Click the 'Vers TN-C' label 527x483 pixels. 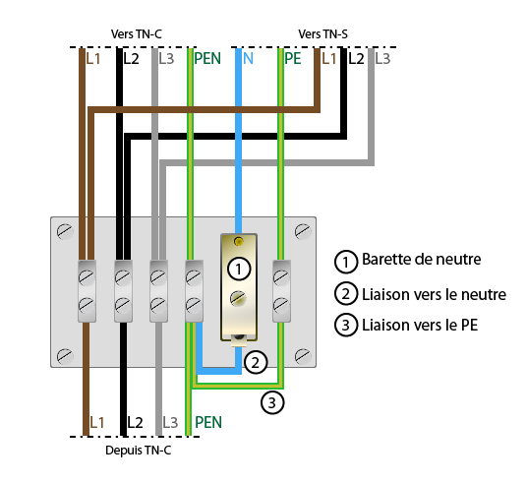click(136, 34)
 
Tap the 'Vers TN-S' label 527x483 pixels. click(323, 34)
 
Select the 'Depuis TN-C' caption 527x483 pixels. click(138, 450)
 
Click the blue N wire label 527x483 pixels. click(248, 58)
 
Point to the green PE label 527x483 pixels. click(292, 58)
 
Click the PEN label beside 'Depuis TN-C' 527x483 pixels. click(208, 422)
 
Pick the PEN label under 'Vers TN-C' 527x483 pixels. click(207, 58)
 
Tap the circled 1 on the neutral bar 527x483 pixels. click(239, 270)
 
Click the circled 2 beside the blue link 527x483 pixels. click(256, 363)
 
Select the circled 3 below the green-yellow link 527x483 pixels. click(272, 402)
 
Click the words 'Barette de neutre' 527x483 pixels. click(422, 260)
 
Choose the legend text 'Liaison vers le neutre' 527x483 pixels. click(434, 295)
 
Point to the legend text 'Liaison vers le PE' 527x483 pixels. click(420, 326)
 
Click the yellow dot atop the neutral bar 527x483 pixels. click(239, 241)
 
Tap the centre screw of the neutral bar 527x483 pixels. click(238, 299)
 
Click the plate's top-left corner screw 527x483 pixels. click(65, 231)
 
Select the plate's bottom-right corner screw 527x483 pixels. click(303, 356)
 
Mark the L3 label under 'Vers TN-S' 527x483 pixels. click(382, 58)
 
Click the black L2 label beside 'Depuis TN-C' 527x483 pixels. click(135, 422)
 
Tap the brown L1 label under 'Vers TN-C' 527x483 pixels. click(93, 58)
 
